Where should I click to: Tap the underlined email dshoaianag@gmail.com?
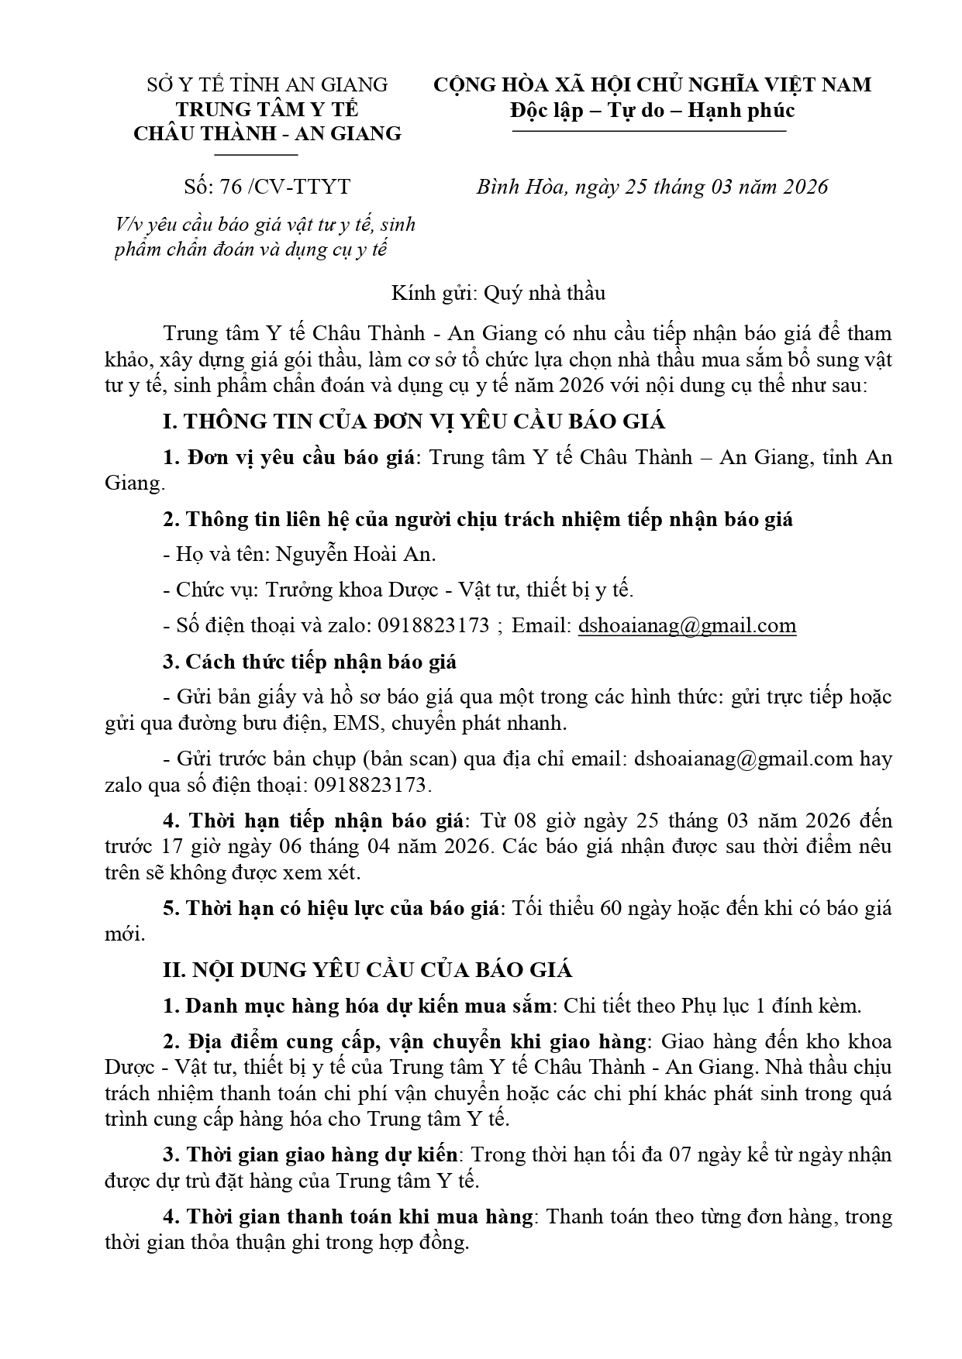(687, 626)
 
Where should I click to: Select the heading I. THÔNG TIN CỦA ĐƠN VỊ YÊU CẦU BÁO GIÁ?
(414, 421)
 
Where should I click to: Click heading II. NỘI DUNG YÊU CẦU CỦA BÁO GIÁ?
(367, 969)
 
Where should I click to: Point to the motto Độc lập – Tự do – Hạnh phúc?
(653, 110)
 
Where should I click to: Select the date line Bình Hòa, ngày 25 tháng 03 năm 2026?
(652, 187)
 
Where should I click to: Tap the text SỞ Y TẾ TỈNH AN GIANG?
(267, 84)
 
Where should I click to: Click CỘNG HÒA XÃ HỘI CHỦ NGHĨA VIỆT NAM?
(653, 84)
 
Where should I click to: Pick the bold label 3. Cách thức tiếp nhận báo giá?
(309, 662)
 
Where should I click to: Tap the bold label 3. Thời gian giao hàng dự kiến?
(310, 1154)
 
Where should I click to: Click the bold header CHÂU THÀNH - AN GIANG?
(267, 134)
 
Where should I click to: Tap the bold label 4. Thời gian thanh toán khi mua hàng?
(348, 1216)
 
